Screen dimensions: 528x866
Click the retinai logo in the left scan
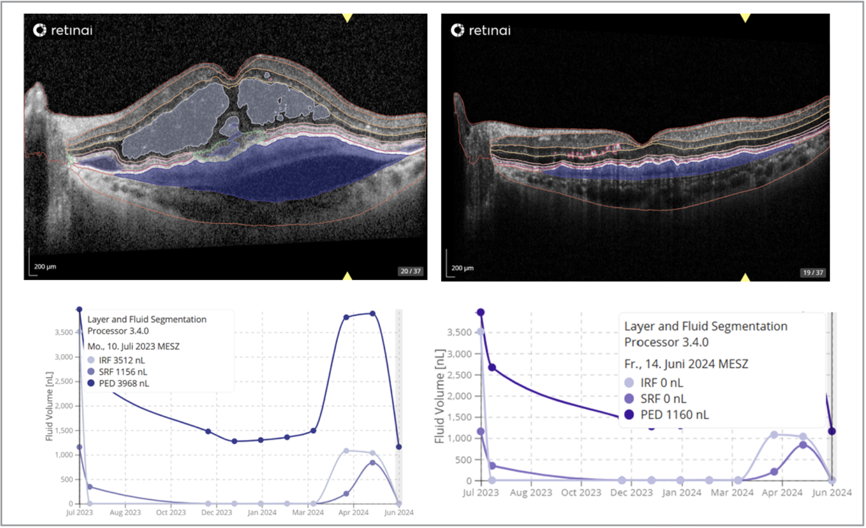click(63, 30)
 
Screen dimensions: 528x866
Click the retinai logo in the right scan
click(480, 30)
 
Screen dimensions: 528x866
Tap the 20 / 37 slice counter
click(410, 271)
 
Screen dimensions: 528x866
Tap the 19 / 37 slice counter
click(812, 272)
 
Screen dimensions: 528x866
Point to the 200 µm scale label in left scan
click(45, 266)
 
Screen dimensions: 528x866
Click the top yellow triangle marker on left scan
click(347, 18)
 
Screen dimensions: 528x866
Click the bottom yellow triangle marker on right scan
click(745, 277)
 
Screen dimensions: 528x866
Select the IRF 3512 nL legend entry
click(122, 360)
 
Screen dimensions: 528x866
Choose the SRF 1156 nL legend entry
click(123, 372)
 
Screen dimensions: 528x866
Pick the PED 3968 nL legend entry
click(123, 383)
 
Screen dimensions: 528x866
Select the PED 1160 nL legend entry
click(674, 415)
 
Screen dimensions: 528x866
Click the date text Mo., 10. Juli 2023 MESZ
click(133, 346)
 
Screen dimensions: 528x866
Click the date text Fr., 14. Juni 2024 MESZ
click(686, 364)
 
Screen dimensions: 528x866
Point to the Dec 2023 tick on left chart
click(216, 512)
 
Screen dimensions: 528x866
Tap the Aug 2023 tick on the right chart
click(531, 492)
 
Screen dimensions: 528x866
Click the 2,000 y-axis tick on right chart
click(460, 396)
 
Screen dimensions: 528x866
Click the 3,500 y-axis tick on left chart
click(64, 332)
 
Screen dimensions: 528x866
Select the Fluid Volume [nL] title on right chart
click(439, 396)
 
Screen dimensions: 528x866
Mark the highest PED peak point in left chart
click(373, 314)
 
